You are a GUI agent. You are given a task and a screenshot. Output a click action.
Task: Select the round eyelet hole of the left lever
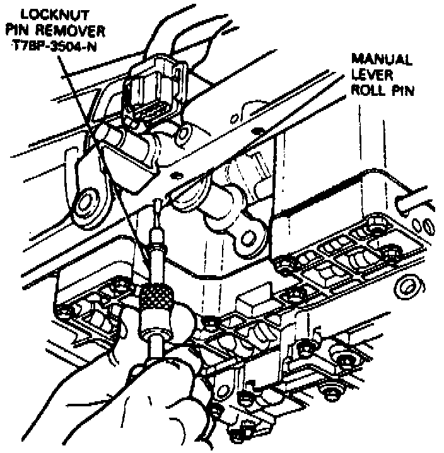[x=85, y=203]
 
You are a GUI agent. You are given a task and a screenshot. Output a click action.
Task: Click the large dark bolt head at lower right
[x=346, y=361]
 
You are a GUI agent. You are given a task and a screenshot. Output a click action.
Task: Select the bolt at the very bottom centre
[x=239, y=433]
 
